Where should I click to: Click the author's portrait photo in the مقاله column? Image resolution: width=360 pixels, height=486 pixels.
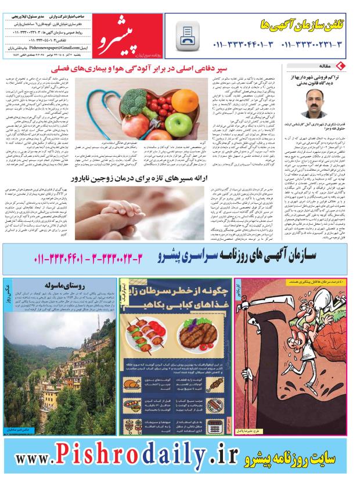point(314,103)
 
